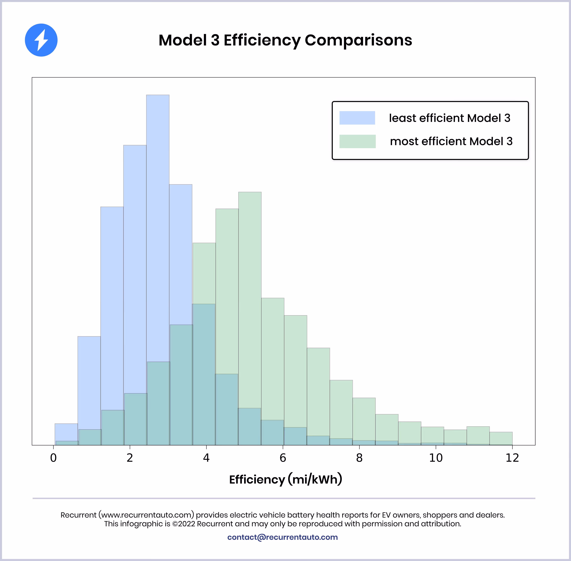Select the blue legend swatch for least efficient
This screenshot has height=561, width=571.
point(357,118)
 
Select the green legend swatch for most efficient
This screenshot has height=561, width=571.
point(357,141)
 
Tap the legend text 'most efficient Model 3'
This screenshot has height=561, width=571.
point(451,141)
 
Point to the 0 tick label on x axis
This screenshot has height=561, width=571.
point(53,458)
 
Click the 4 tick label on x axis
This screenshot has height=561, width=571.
point(206,458)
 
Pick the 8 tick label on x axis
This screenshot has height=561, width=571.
point(359,458)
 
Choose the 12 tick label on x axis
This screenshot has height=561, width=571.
point(512,458)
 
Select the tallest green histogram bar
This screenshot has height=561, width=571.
point(250,295)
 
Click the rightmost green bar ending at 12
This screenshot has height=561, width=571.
point(501,438)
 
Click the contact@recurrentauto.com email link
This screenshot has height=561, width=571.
point(282,537)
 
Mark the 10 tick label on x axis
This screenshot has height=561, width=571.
point(436,458)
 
